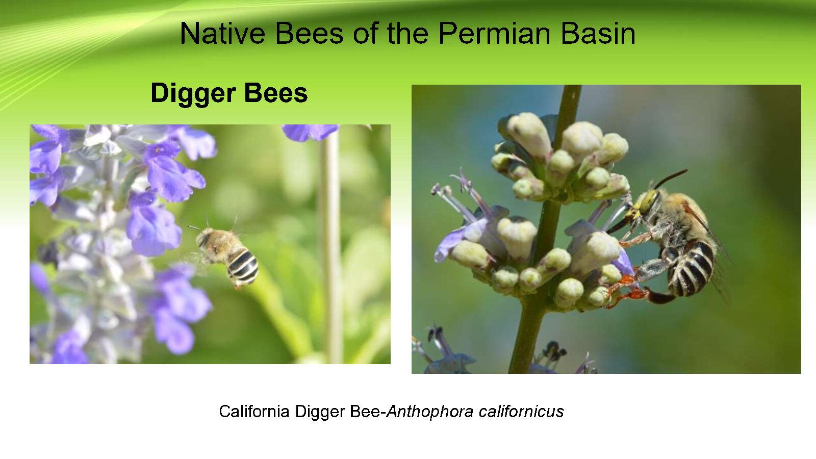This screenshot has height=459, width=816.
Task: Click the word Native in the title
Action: [x=222, y=34]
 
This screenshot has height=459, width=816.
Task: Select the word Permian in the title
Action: [x=494, y=34]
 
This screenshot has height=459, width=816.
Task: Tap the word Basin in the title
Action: [x=598, y=34]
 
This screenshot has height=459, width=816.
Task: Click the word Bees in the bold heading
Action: [x=276, y=93]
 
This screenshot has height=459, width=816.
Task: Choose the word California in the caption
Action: [x=254, y=411]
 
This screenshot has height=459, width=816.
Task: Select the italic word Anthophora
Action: [x=429, y=412]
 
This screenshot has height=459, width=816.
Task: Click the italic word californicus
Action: [x=521, y=411]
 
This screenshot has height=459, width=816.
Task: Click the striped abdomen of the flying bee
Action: [x=243, y=267]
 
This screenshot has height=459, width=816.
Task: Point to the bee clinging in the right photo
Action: [x=667, y=240]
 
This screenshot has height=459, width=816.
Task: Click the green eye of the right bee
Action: [x=649, y=201]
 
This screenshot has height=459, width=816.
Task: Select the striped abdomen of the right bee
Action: [x=691, y=268]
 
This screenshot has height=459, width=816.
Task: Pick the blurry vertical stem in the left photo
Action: [x=329, y=248]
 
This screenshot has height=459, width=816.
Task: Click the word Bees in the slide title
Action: [x=309, y=34]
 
